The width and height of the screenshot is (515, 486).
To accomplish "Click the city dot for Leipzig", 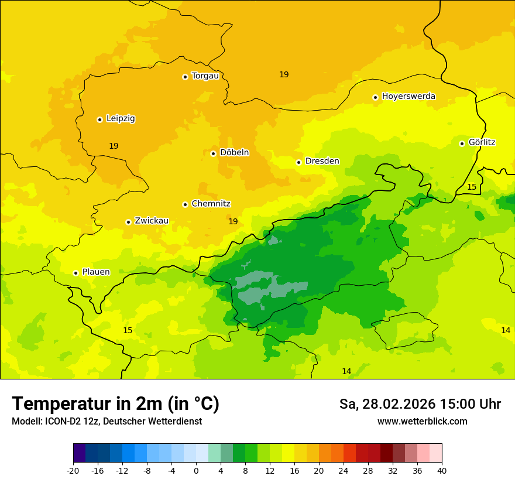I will pos(99,119).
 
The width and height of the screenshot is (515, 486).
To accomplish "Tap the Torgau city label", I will pos(205,76).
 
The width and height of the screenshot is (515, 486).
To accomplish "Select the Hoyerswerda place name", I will pos(408,96).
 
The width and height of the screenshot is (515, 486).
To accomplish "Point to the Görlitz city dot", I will pos(462,143).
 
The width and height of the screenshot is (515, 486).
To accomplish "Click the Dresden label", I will pos(322,161).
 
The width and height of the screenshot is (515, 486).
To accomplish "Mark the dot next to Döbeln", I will pos(213,153).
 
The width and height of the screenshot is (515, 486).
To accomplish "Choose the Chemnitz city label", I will pos(211,204).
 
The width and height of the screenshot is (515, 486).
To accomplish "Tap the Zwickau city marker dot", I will pos(128,222).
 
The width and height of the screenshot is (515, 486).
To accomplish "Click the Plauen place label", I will pos(96,272).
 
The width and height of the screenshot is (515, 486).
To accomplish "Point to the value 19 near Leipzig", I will pos(114,146).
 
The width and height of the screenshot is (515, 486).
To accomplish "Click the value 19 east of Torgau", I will pos(284,74).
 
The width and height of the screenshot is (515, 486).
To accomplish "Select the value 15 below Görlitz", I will pos(472,187).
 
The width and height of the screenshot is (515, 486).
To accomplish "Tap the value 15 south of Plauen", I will pos(128,330).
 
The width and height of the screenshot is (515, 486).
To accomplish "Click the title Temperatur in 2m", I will pos(115,404).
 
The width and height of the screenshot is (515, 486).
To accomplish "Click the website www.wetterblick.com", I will pos(422,422).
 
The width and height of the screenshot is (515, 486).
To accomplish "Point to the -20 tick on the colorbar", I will pos(73,470).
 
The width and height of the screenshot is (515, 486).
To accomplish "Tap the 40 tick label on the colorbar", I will pos(441,470).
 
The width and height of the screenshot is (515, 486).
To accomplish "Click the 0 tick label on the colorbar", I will pos(196,470).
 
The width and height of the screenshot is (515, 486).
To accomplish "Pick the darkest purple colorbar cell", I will pos(79,453).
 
